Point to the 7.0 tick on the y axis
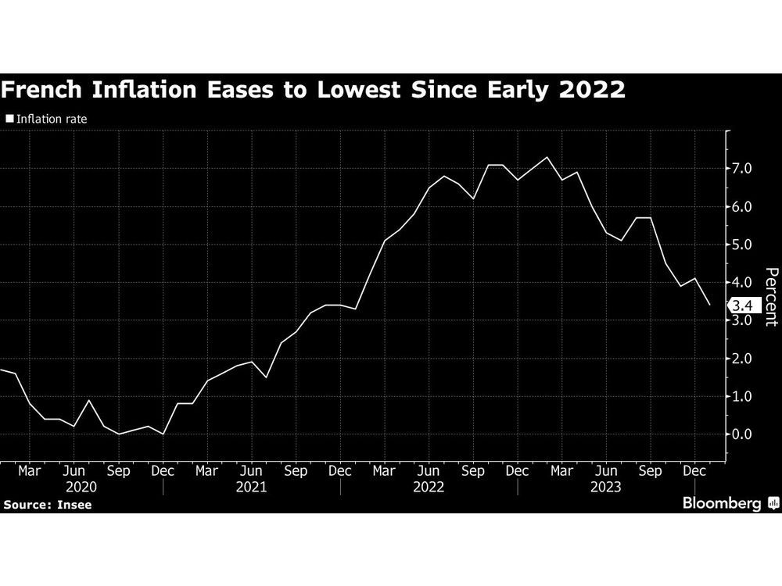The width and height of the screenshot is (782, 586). click(x=741, y=169)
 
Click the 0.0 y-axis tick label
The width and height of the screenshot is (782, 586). click(x=741, y=434)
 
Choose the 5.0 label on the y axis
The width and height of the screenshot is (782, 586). click(x=741, y=245)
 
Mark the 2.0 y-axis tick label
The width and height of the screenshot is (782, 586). click(x=741, y=359)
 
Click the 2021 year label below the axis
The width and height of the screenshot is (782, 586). click(x=251, y=486)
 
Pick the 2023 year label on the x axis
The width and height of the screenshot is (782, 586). click(x=606, y=486)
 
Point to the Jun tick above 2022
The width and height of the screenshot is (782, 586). click(x=429, y=471)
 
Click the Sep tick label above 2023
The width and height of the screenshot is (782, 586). click(x=651, y=471)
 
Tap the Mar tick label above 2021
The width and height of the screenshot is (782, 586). click(x=206, y=471)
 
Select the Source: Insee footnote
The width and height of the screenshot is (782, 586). click(x=48, y=505)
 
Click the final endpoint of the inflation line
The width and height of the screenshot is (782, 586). click(x=709, y=305)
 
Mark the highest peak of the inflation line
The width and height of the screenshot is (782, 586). click(x=547, y=158)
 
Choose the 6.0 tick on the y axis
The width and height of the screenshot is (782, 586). click(x=741, y=207)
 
